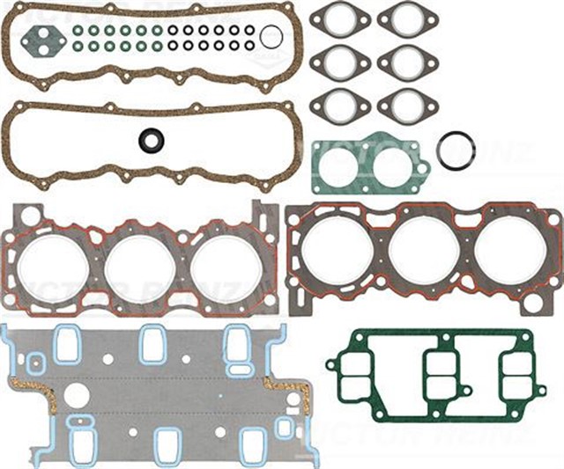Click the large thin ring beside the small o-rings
pos(273,36)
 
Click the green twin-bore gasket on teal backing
pos(370,165)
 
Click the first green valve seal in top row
pos(78,28)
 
